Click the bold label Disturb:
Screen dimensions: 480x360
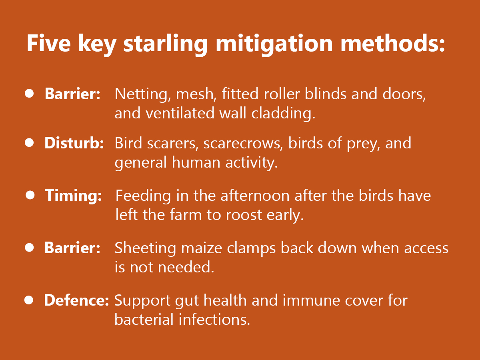click(74, 143)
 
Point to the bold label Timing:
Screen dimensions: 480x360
click(73, 196)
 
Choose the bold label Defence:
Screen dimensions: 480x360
click(76, 300)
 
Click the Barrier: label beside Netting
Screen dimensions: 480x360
click(72, 94)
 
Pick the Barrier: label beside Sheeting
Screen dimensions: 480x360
click(72, 248)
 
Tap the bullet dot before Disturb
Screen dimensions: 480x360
click(29, 143)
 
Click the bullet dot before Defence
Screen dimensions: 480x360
click(29, 300)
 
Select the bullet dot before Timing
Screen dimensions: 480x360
click(30, 195)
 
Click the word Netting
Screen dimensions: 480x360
click(143, 94)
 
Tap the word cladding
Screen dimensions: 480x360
click(283, 114)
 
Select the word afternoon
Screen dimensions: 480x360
click(255, 196)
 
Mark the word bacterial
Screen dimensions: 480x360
click(144, 320)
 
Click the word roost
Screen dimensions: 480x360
click(244, 216)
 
